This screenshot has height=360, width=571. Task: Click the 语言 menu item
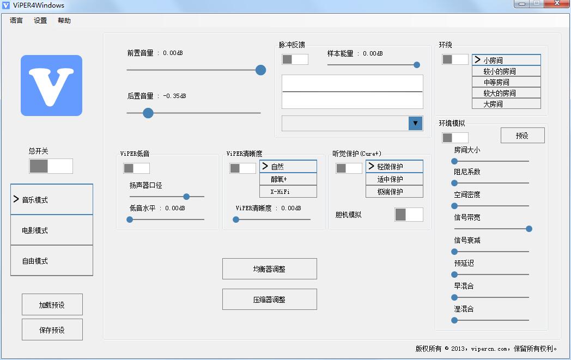tap(16, 21)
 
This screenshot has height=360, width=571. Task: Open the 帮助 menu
tap(64, 21)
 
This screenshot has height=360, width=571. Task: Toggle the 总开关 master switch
tap(51, 166)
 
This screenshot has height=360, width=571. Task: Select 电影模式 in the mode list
tap(52, 230)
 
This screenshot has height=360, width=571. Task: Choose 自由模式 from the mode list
tap(52, 261)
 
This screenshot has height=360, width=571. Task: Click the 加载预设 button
tap(52, 305)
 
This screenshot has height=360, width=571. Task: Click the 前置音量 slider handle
tap(260, 70)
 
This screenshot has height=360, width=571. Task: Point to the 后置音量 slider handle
tap(148, 113)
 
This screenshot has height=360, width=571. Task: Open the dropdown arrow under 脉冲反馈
tap(415, 124)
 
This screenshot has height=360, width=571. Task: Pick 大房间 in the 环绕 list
tap(506, 104)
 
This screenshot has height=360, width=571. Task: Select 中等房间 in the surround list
tap(506, 82)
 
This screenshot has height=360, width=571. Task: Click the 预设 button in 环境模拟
tap(522, 136)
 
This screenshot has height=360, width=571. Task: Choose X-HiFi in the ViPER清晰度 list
tap(288, 192)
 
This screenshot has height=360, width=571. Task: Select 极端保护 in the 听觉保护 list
tap(394, 192)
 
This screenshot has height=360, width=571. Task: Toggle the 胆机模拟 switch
tap(409, 215)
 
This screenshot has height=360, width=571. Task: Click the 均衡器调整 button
tap(269, 269)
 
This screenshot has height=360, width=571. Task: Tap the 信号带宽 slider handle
tap(529, 229)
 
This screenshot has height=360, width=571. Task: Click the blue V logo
tap(51, 86)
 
